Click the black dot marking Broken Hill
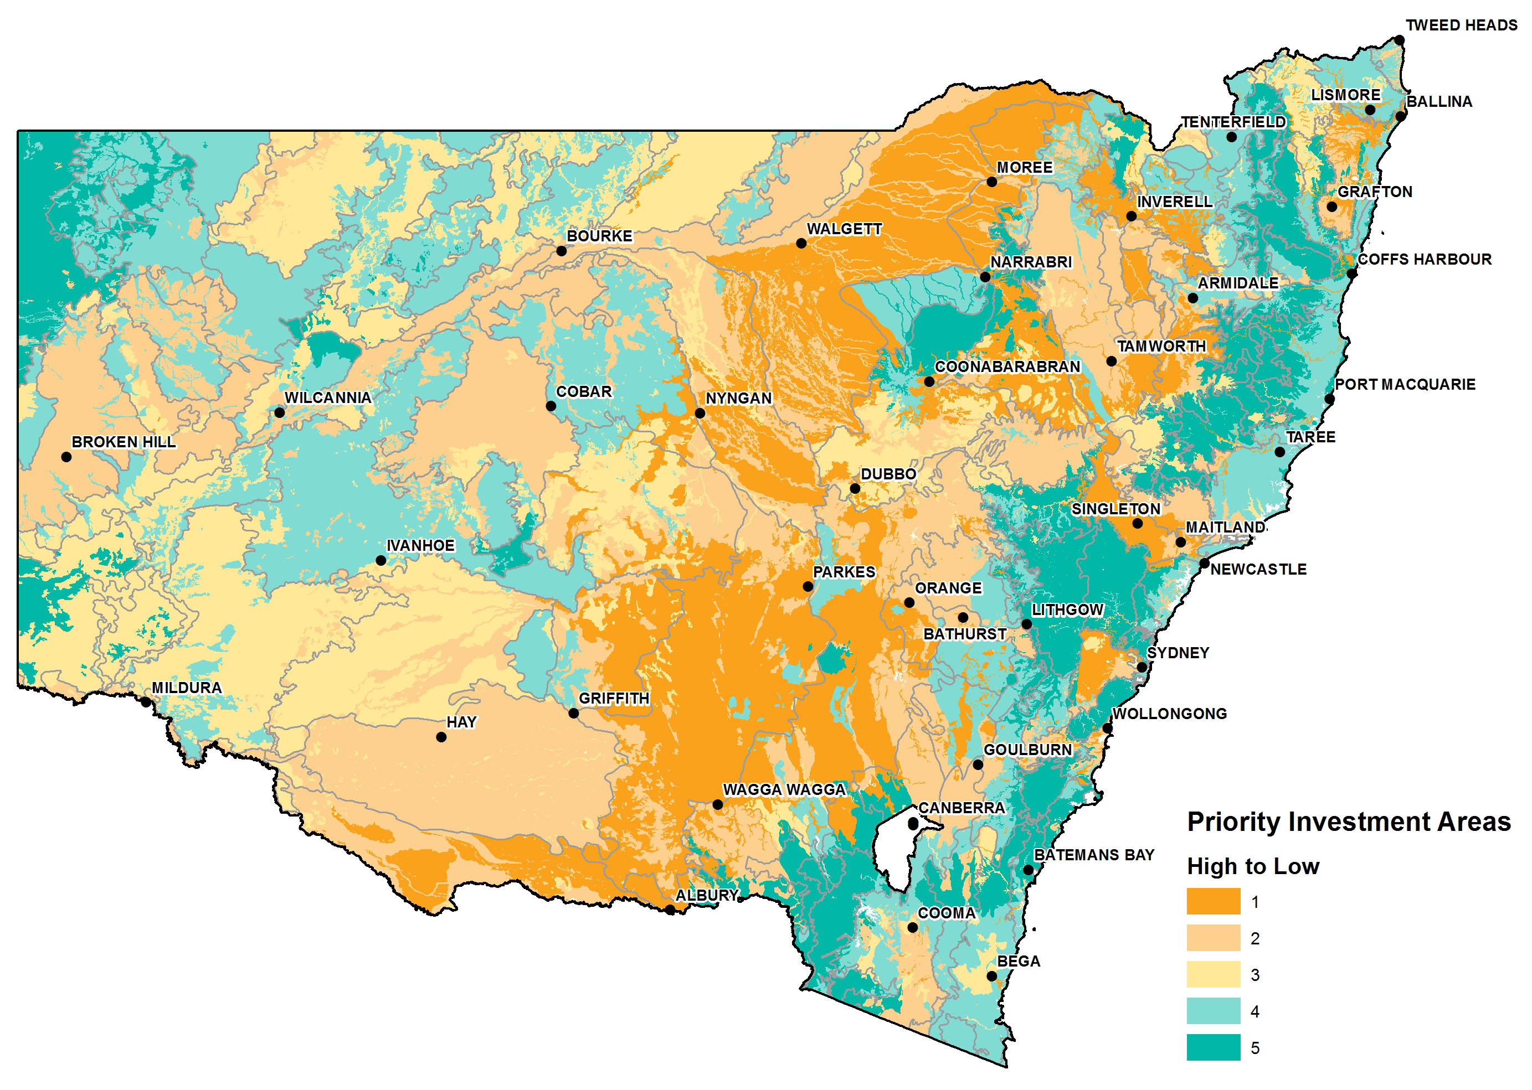(66, 457)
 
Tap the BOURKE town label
(599, 236)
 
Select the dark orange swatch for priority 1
(1212, 901)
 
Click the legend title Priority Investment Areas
(1348, 822)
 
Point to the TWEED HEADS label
(1461, 25)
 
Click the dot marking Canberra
(913, 823)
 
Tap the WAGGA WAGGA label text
(784, 789)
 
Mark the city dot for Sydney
(1142, 667)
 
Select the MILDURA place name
(186, 688)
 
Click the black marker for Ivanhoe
(381, 560)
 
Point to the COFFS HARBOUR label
(1424, 260)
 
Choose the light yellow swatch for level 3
(1212, 974)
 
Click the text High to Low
(1253, 866)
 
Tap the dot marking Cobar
(551, 406)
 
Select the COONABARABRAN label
(1007, 367)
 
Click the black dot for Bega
(991, 976)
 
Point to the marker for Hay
(441, 737)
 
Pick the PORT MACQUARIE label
(1405, 385)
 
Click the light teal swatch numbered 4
(1212, 1011)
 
